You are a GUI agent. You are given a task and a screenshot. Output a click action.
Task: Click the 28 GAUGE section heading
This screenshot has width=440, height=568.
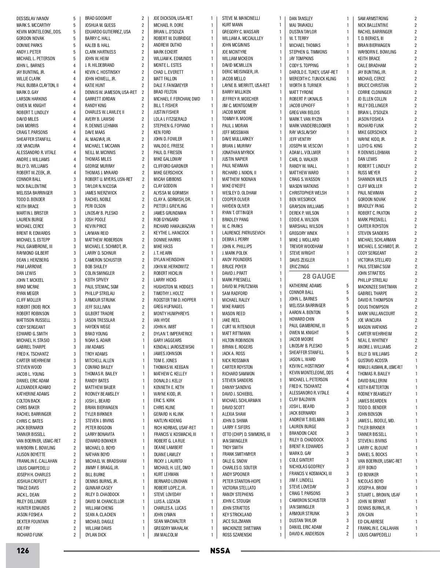(319, 276)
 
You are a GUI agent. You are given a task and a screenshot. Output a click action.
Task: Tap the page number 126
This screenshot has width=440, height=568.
(22, 551)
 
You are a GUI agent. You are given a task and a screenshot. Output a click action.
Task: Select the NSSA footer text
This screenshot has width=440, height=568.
(220, 551)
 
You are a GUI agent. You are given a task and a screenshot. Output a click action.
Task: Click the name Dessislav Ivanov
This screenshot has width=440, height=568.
(33, 18)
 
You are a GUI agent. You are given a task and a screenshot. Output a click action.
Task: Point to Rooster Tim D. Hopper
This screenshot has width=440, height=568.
(175, 300)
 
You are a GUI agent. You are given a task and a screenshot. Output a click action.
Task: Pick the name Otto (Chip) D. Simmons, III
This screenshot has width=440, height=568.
(246, 434)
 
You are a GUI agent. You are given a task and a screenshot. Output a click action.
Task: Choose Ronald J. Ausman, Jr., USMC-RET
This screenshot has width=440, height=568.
(380, 367)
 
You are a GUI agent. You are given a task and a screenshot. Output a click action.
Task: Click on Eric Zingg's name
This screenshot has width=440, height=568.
(299, 267)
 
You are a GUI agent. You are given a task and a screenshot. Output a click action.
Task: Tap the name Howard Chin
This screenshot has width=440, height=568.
(301, 319)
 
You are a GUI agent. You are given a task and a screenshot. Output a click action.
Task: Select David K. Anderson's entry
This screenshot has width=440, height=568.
(307, 534)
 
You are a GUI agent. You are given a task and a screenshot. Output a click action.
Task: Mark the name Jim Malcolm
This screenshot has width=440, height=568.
(165, 535)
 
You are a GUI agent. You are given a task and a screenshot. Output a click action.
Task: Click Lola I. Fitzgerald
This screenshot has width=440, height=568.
(170, 119)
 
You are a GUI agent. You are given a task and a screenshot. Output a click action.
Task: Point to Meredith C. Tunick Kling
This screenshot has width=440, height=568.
(312, 79)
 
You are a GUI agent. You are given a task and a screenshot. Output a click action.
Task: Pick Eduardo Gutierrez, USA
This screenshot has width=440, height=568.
(108, 32)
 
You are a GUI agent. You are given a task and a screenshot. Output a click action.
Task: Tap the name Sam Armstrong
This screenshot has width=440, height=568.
(373, 18)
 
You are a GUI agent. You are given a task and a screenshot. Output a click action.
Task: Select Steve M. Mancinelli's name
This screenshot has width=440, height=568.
(241, 18)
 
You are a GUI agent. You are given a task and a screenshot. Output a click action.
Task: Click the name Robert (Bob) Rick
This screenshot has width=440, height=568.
(33, 307)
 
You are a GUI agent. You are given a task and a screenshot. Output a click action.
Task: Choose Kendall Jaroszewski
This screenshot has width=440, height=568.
(174, 347)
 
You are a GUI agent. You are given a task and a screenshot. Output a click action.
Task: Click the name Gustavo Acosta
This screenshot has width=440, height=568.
(373, 360)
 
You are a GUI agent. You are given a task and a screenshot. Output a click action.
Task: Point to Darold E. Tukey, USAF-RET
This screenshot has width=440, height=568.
(313, 72)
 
